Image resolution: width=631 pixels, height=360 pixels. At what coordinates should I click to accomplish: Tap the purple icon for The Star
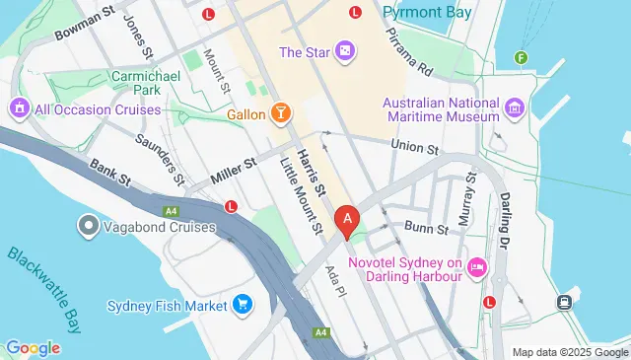click(x=345, y=51)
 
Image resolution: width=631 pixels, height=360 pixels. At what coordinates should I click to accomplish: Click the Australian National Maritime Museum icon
click(x=514, y=107)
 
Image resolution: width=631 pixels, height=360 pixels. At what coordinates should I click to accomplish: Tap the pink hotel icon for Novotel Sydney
click(x=477, y=266)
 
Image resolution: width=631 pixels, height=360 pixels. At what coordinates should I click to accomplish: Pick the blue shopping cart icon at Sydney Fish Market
click(x=242, y=304)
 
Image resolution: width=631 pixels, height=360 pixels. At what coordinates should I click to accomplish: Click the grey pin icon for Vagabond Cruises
click(x=88, y=228)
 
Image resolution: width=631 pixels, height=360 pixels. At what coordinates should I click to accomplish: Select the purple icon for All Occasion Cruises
click(x=18, y=107)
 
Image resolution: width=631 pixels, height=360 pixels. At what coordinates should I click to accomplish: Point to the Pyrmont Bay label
click(x=427, y=13)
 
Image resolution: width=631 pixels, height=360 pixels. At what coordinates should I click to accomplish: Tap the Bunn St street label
click(x=427, y=230)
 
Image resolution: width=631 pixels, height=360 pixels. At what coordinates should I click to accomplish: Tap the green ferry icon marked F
click(x=521, y=57)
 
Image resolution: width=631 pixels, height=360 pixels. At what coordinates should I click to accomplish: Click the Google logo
click(x=33, y=347)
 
